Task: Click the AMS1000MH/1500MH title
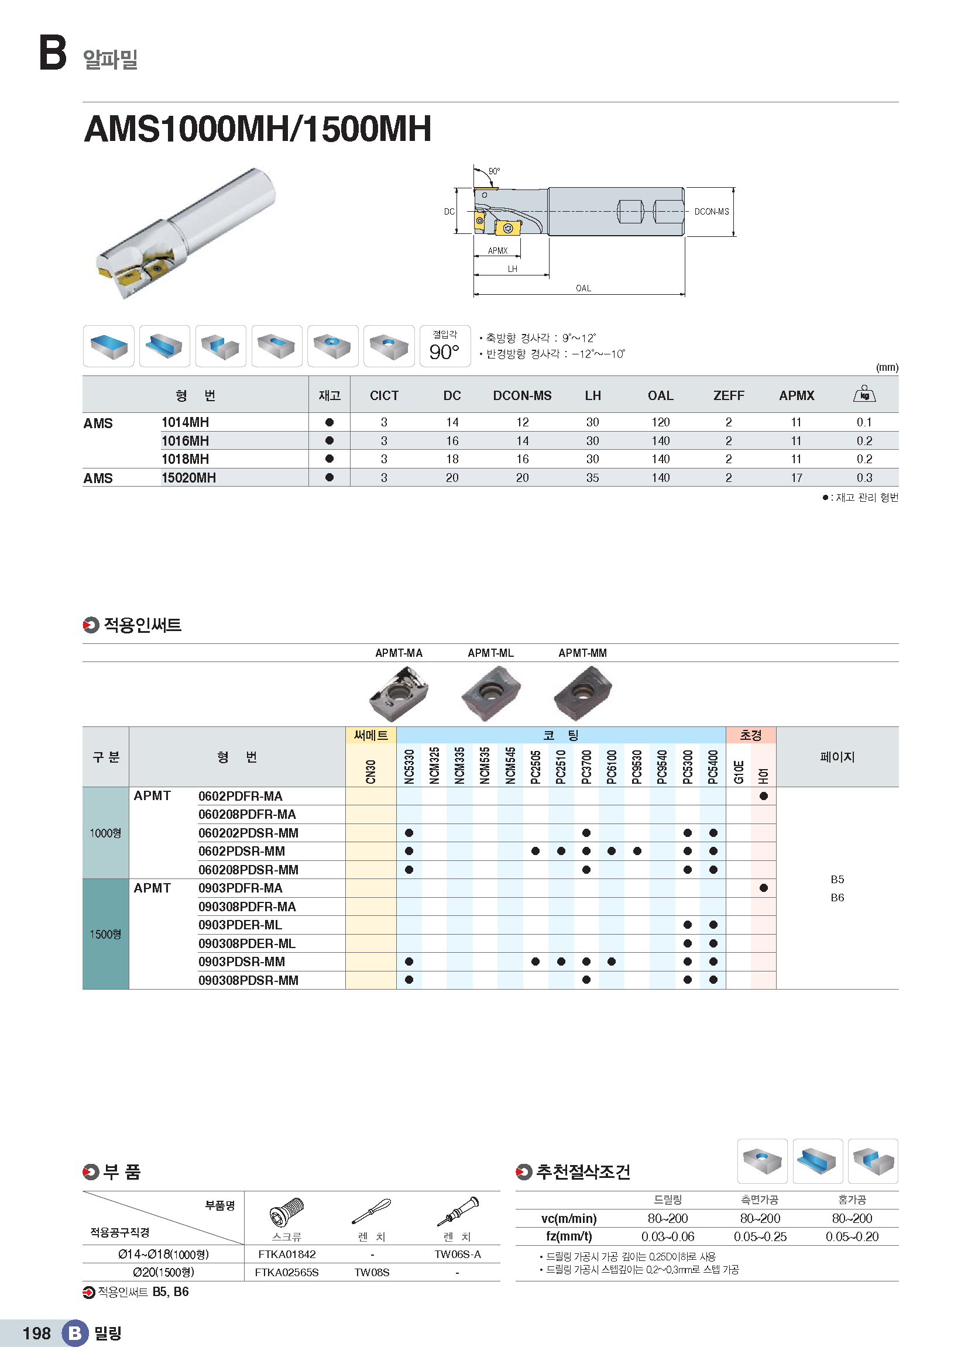tap(258, 129)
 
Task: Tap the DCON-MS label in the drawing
tap(711, 212)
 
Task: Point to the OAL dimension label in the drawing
tap(583, 288)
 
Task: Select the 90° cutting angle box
tap(445, 346)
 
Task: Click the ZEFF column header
tap(729, 395)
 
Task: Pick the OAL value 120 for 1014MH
tap(660, 422)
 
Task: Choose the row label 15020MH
tap(189, 478)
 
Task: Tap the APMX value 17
tap(797, 478)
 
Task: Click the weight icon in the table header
tap(864, 394)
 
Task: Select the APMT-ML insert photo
tap(490, 692)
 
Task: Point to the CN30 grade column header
tap(370, 771)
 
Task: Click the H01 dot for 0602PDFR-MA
tap(764, 796)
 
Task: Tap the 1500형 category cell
tap(105, 934)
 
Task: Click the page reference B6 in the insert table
tap(837, 898)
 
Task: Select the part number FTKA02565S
tap(287, 1273)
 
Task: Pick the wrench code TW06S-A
tap(457, 1254)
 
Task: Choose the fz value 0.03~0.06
tap(668, 1237)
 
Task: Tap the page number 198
tap(36, 1333)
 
